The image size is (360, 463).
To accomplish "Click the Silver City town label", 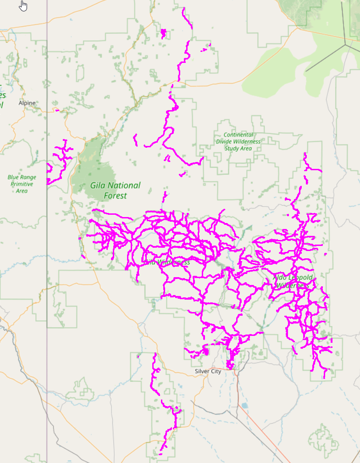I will [x=208, y=371].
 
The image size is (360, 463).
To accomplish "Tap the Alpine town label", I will [x=27, y=103].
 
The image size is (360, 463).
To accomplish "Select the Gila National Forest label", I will [x=115, y=190].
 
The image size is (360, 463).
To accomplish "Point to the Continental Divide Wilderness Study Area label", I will [x=238, y=141].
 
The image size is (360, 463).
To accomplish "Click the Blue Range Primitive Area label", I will [x=22, y=184].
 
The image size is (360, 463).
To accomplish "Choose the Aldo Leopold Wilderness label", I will [x=293, y=281].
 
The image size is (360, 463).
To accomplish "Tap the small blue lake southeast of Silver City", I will [x=244, y=406].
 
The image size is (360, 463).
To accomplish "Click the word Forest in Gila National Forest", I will [x=115, y=196].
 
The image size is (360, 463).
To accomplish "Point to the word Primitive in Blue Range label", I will [x=22, y=184].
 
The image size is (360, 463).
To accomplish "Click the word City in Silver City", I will [x=215, y=371].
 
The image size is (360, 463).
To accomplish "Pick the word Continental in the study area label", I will [x=238, y=135].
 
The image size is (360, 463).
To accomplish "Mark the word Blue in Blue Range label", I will [x=14, y=177].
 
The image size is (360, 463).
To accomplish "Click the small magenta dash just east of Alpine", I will [x=57, y=110].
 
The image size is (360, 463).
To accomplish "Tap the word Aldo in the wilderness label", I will [x=281, y=278].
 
